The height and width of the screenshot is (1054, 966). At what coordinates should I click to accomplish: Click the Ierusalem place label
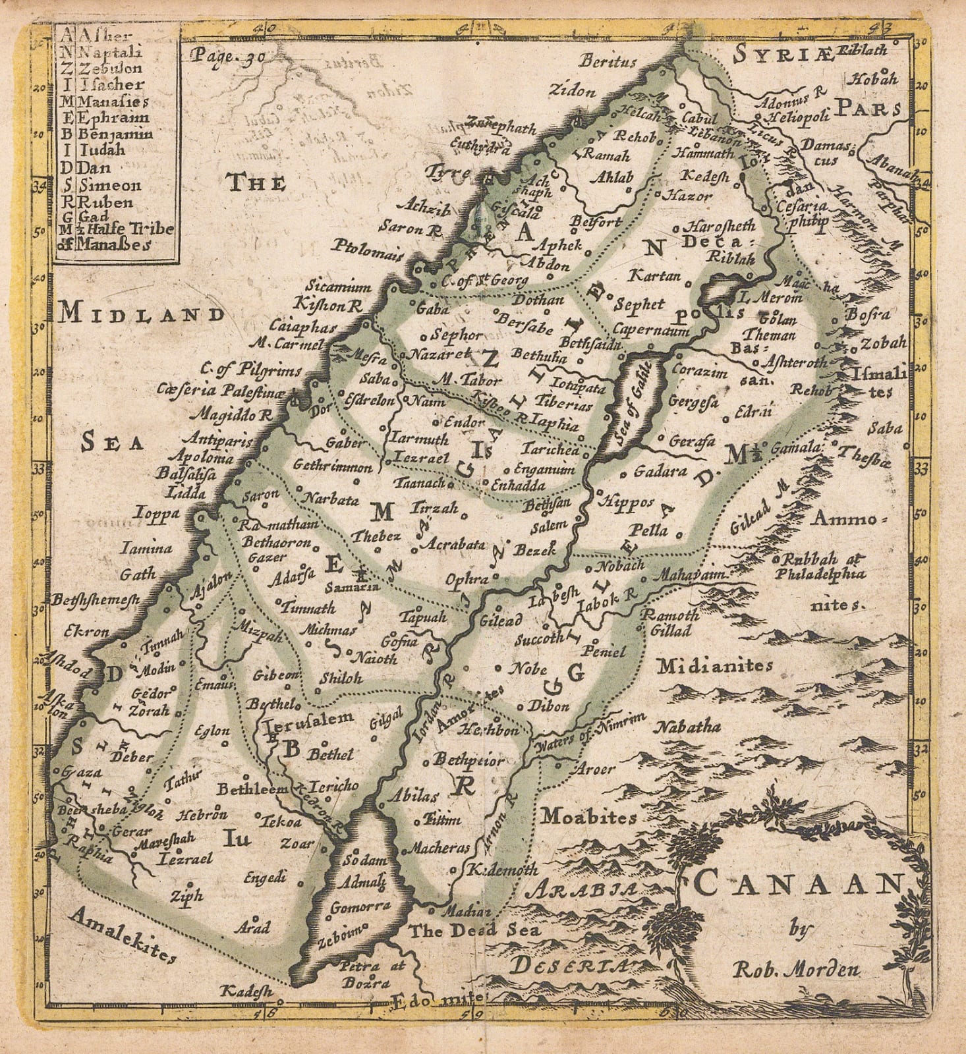click(308, 719)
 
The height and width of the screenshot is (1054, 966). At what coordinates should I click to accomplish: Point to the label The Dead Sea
click(474, 931)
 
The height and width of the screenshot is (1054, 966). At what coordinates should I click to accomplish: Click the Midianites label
click(714, 666)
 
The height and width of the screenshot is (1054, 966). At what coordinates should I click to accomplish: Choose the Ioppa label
click(157, 513)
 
